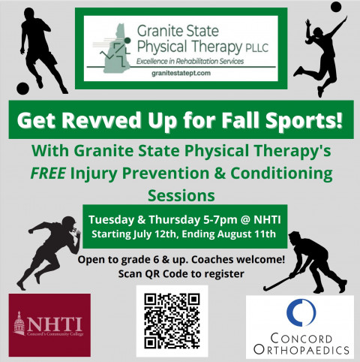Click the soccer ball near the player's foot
click(22, 89)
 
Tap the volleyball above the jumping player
click(336, 7)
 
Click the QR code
click(172, 321)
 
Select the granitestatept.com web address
click(181, 74)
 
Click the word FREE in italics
click(48, 173)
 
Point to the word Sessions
click(181, 195)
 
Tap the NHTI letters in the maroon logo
click(55, 324)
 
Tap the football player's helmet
click(69, 222)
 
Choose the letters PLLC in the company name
click(257, 48)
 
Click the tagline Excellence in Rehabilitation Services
click(190, 61)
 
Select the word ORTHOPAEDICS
click(301, 349)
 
